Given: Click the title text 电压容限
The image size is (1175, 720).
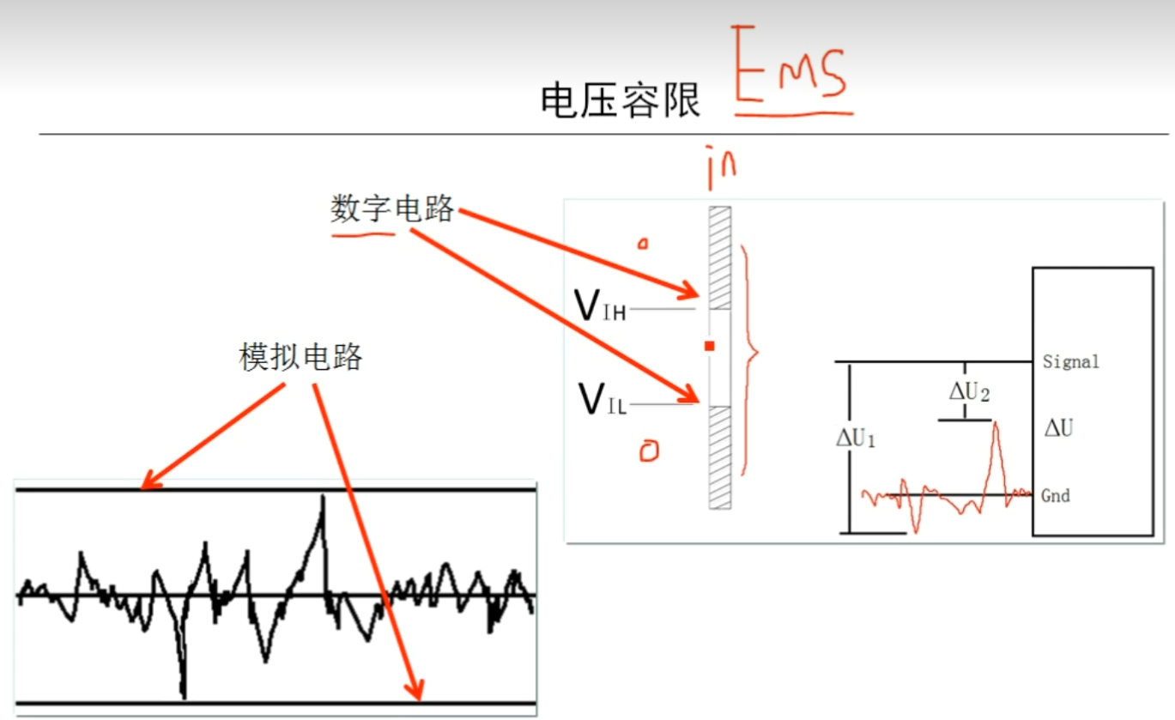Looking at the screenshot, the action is pos(620,101).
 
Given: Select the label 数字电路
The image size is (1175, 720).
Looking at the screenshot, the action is pos(392,209).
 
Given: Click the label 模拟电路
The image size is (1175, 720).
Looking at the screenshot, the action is pos(300,357).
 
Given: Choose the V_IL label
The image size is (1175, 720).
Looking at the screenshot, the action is pos(602,400).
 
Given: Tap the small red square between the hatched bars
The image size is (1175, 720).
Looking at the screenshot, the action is pos(709,346).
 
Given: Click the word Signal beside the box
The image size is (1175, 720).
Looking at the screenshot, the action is pos(1070,362).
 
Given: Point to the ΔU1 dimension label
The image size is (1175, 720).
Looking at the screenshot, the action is pos(856,439).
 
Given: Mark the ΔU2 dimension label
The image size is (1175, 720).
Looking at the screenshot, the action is pos(969,393).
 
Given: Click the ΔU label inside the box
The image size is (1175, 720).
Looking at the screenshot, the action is pos(1057,427).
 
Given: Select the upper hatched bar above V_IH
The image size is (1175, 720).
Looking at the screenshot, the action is pos(719,257).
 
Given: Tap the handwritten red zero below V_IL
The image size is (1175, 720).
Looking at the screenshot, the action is pos(649,452).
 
